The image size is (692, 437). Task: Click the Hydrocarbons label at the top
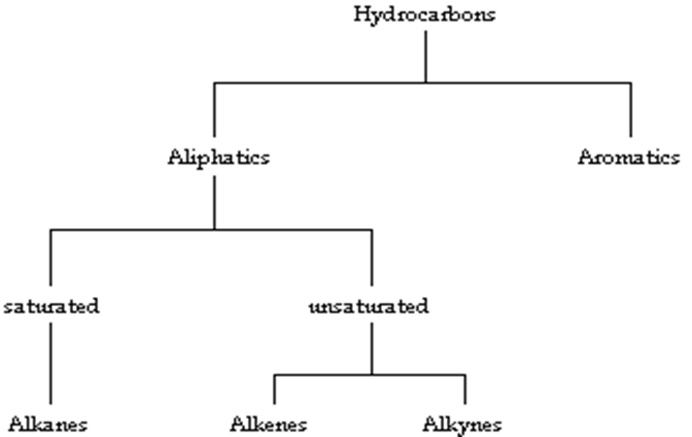tap(426, 17)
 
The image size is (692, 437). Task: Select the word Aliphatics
tap(216, 157)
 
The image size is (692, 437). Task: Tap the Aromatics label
tap(629, 157)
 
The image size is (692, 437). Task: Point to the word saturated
tap(51, 307)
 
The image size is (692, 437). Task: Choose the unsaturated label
tap(368, 307)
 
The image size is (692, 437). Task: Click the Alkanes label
tap(49, 424)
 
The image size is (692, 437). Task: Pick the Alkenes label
tap(269, 424)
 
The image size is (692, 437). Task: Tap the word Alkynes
tap(463, 424)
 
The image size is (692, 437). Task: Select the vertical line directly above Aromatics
tap(631, 112)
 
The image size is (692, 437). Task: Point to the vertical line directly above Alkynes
tap(465, 388)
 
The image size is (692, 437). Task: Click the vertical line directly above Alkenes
tap(274, 388)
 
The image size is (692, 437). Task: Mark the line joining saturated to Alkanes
tap(51, 364)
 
